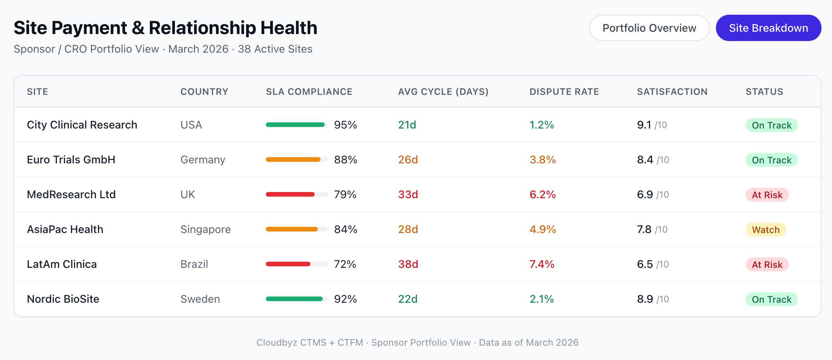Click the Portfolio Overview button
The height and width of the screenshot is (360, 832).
649,28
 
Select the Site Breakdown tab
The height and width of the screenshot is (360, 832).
768,28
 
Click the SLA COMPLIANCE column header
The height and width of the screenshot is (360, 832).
309,92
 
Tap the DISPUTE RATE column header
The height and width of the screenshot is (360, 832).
564,92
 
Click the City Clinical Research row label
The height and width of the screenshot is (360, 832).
82,125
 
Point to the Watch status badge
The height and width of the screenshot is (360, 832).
765,230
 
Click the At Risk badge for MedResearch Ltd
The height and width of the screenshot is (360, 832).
767,195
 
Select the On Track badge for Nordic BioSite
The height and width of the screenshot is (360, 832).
771,299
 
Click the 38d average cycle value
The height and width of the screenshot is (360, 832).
408,264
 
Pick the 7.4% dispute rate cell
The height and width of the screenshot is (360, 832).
542,264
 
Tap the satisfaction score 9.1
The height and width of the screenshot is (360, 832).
644,125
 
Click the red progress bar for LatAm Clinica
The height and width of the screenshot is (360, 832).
288,264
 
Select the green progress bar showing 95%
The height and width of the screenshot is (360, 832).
295,125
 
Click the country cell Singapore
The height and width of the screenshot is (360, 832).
205,229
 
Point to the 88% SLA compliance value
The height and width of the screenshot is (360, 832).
346,159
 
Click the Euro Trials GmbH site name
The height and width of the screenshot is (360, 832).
71,159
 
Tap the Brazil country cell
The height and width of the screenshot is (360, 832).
194,264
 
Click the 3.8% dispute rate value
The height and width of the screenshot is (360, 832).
543,159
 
